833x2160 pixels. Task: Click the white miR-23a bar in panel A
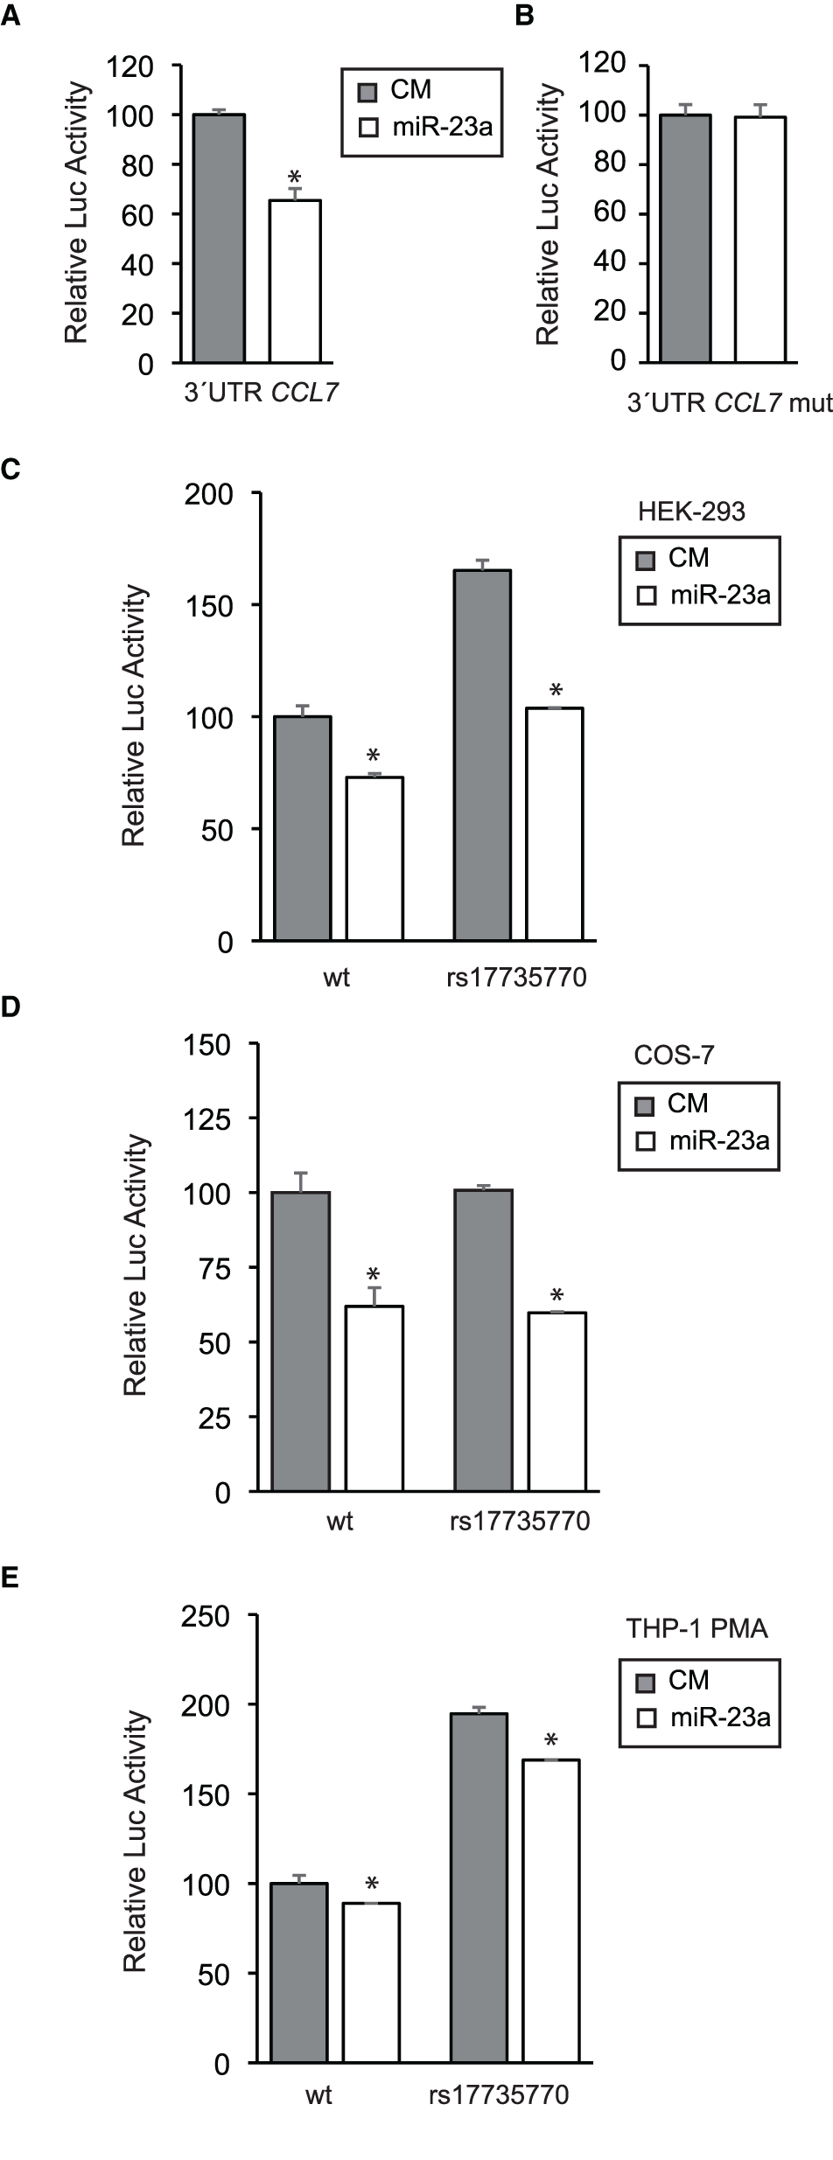coord(294,281)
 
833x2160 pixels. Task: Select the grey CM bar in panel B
coord(685,238)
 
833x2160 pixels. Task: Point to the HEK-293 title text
coord(691,512)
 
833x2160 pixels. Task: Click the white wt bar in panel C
coord(374,858)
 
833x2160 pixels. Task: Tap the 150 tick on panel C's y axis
coord(208,605)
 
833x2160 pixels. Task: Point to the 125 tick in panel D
coord(206,1118)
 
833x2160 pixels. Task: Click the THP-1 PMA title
coord(696,1629)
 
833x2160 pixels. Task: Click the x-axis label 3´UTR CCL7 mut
coord(728,403)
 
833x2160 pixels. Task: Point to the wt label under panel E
coord(318,2095)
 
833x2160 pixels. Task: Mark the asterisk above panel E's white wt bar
coord(371,1885)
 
